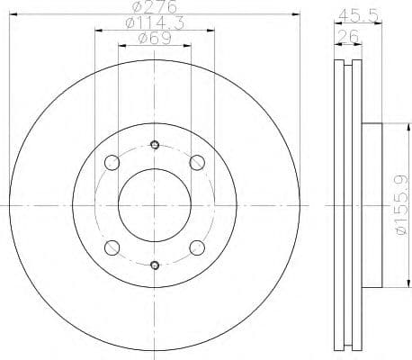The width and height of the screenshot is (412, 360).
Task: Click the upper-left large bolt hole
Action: click(x=112, y=163)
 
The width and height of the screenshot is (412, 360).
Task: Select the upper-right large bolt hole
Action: click(x=197, y=163)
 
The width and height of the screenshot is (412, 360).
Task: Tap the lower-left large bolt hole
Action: click(x=112, y=247)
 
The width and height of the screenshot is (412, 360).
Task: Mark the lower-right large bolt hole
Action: click(x=197, y=247)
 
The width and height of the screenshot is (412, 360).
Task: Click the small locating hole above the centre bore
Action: click(x=155, y=145)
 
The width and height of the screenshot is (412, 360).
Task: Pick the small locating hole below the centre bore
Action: click(x=155, y=265)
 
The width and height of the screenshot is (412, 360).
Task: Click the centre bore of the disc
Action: click(x=155, y=204)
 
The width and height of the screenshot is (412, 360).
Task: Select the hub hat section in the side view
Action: click(x=371, y=204)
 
